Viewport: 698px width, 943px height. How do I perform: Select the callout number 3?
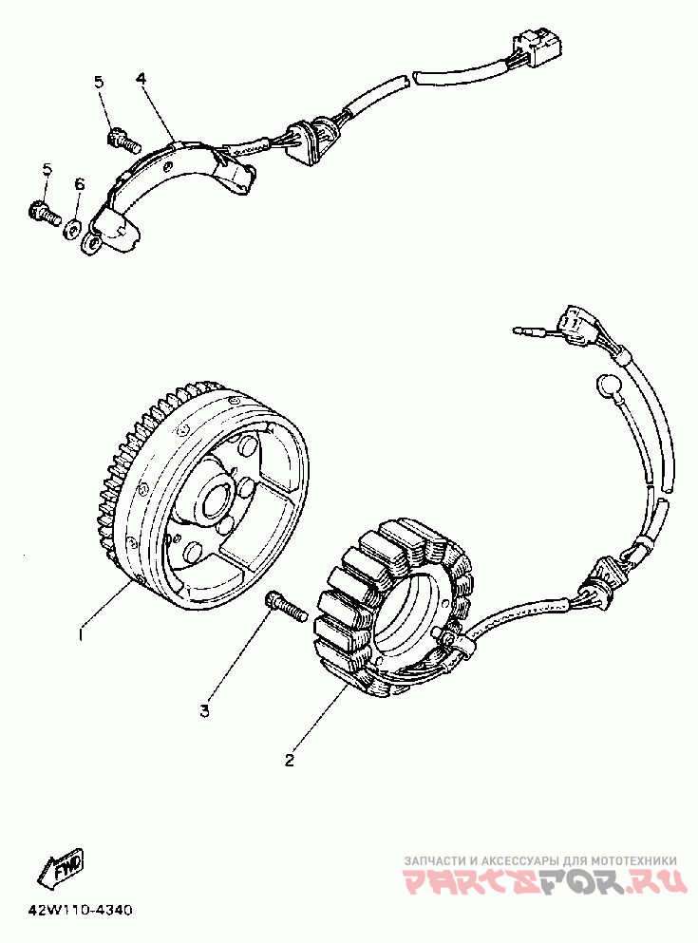coord(203,709)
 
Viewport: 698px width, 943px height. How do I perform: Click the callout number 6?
coord(80,182)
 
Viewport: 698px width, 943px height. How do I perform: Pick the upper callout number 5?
coord(99,82)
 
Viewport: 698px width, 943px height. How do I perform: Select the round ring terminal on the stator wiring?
coord(607,384)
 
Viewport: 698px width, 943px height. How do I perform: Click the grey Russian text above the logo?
coord(540,859)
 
